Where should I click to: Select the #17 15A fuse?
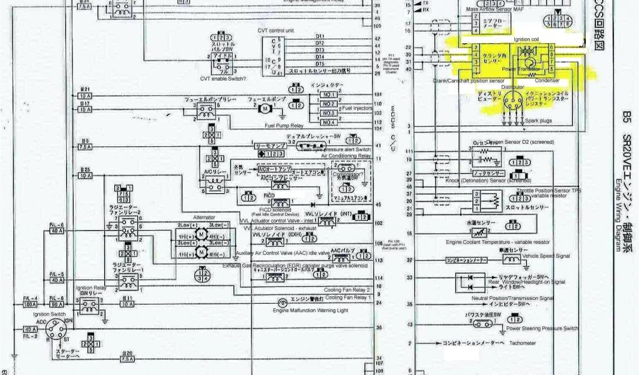(x=85, y=110)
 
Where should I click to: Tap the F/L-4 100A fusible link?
(x=30, y=306)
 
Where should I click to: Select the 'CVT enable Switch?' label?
(x=223, y=78)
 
